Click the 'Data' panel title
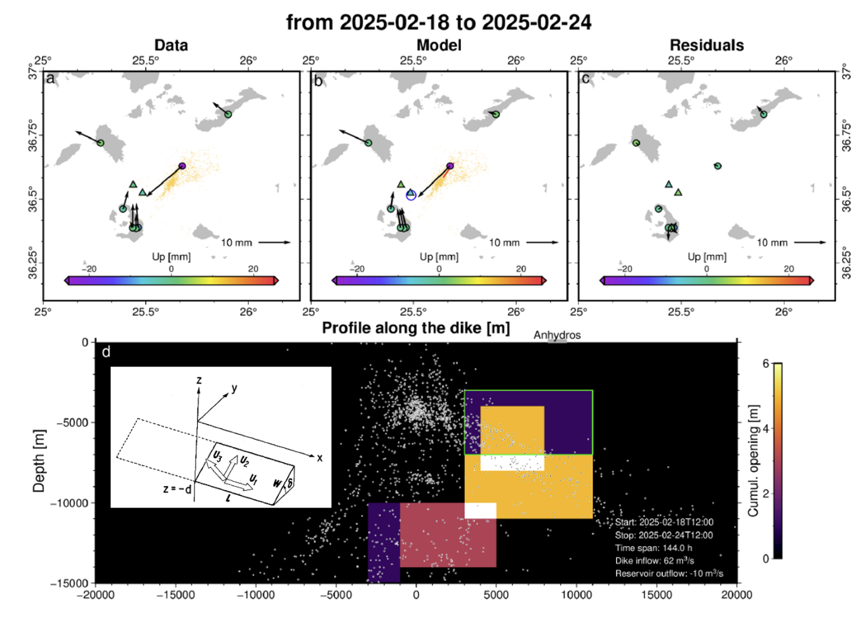coord(171,45)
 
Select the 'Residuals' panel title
coord(707,45)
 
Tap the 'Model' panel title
coord(439,45)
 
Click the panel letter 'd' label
coord(106,352)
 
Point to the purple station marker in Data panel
coord(182,166)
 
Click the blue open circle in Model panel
coord(411,194)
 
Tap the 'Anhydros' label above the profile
coord(557,335)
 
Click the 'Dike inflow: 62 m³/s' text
coord(654,560)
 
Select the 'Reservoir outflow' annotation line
coord(669,574)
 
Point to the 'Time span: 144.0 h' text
coord(654,548)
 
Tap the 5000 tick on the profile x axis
coord(496,595)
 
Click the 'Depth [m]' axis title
coord(39,461)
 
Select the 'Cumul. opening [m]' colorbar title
coord(753,460)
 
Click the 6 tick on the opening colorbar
coord(765,364)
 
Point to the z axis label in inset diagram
coord(199,380)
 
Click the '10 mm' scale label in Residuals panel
coord(771,242)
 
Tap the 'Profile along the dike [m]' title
coord(416,328)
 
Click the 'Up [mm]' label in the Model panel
coord(439,257)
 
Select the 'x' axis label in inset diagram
coord(320,458)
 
